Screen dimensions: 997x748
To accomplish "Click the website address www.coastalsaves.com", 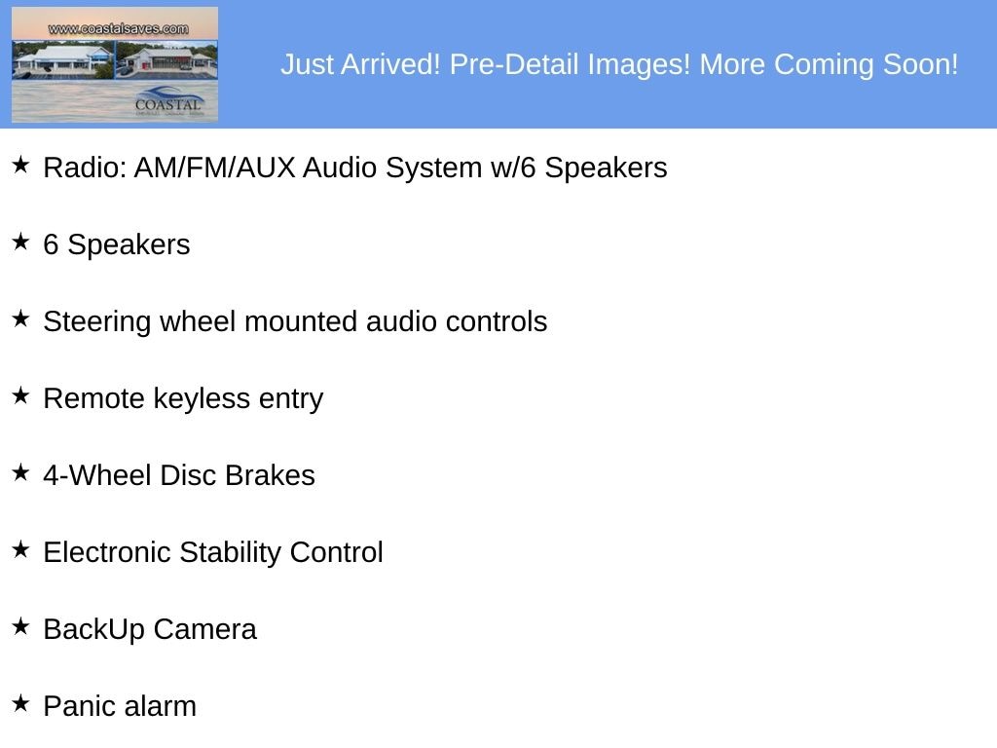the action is tap(118, 28).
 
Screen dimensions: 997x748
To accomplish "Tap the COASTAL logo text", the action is tap(167, 104).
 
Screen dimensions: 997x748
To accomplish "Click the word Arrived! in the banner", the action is tap(390, 64).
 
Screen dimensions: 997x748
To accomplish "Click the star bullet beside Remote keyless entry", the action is tap(20, 395).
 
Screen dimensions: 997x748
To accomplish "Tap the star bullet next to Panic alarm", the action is tap(20, 703).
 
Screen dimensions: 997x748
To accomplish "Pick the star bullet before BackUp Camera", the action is tap(20, 626).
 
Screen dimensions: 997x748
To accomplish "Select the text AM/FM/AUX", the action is tap(215, 168).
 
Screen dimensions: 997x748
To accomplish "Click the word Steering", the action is tap(97, 321).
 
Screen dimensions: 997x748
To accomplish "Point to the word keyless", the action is tap(202, 398).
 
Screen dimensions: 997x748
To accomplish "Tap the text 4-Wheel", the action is tap(97, 475).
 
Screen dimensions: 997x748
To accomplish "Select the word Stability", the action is tap(230, 553).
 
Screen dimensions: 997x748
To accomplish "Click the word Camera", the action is tap(204, 629).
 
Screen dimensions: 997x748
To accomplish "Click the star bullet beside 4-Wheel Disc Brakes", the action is tap(20, 472).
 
